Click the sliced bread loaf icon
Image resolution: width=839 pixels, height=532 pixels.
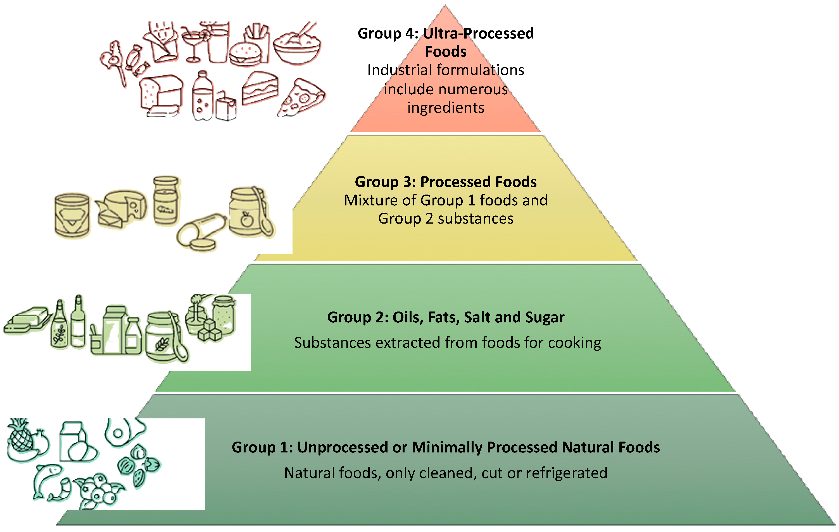[x=161, y=94]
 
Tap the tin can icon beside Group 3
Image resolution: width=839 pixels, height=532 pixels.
[x=72, y=215]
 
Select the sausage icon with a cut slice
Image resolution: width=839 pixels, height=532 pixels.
[x=200, y=232]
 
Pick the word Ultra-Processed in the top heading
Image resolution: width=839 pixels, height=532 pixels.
[x=478, y=33]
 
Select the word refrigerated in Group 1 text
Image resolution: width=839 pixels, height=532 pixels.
[x=567, y=473]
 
